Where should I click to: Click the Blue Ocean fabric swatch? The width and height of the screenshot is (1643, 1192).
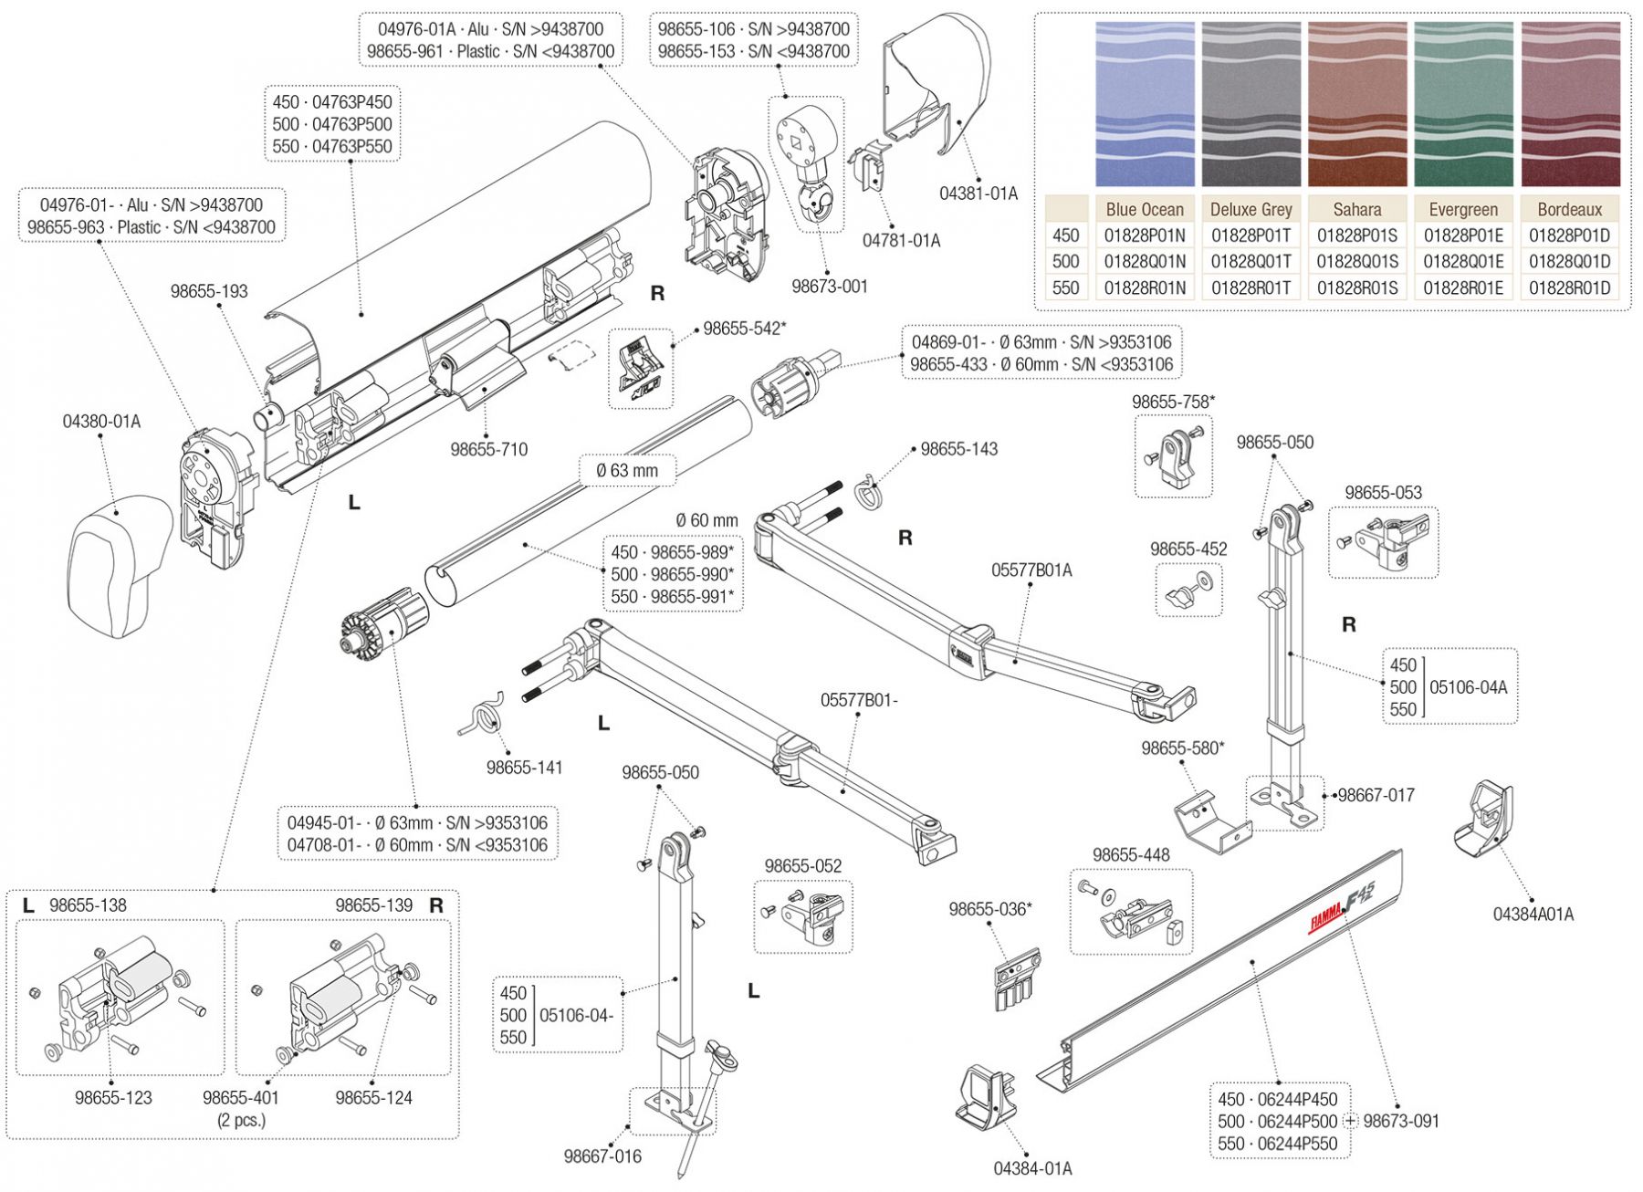click(x=1145, y=104)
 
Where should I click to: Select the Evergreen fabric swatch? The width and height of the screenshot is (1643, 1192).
click(x=1463, y=104)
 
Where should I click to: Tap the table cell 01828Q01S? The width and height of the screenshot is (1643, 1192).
click(x=1357, y=262)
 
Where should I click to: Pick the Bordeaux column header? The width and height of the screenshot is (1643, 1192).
click(x=1569, y=209)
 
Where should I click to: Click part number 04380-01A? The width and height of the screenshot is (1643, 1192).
click(x=101, y=422)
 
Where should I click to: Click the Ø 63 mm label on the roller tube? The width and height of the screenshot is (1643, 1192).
click(x=626, y=471)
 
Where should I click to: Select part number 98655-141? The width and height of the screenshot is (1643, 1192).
click(x=524, y=768)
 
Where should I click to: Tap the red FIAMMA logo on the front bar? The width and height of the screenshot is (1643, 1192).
click(x=1326, y=916)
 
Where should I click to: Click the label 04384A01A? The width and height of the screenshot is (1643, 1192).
click(x=1533, y=914)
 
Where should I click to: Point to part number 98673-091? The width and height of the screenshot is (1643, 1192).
click(x=1401, y=1121)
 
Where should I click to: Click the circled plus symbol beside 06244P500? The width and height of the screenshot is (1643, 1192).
click(x=1351, y=1121)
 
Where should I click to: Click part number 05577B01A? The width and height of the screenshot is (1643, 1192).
click(x=1031, y=570)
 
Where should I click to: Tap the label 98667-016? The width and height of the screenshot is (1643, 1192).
click(x=602, y=1156)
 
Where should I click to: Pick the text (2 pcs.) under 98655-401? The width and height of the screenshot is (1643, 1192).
click(x=241, y=1120)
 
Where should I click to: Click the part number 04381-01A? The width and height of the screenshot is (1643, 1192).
click(x=978, y=193)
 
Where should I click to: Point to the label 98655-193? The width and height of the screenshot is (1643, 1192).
click(x=209, y=291)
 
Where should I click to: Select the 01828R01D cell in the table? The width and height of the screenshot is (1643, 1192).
click(x=1569, y=288)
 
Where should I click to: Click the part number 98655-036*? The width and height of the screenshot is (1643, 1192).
click(x=990, y=909)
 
